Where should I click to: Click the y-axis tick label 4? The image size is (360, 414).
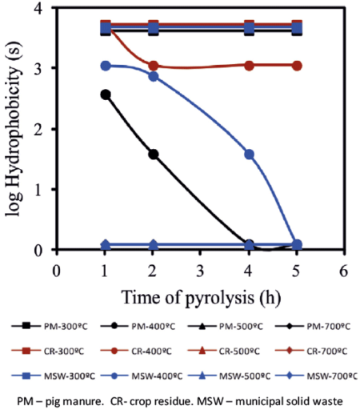38,8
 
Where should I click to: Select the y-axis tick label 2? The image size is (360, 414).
38,129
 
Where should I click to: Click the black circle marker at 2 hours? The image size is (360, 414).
153,154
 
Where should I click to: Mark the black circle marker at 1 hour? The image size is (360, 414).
105,94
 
